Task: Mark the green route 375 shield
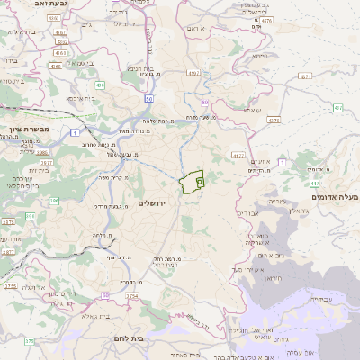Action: [28, 341]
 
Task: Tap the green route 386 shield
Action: [28, 216]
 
